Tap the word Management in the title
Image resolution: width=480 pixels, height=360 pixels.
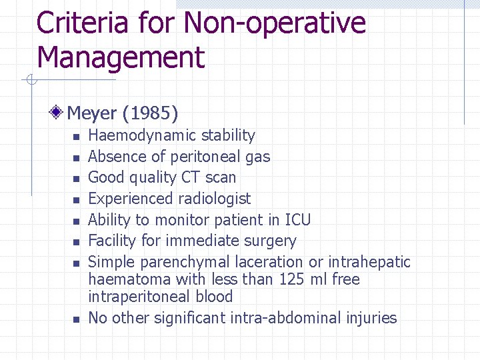(121, 57)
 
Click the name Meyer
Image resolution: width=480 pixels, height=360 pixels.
(93, 114)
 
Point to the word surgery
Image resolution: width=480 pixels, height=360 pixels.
(272, 241)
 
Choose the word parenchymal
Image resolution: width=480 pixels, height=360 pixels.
(192, 262)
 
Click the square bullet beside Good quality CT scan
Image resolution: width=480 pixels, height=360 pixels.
(76, 179)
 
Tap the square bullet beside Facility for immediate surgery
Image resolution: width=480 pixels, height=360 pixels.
(76, 242)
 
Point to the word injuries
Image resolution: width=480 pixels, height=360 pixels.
(371, 318)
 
